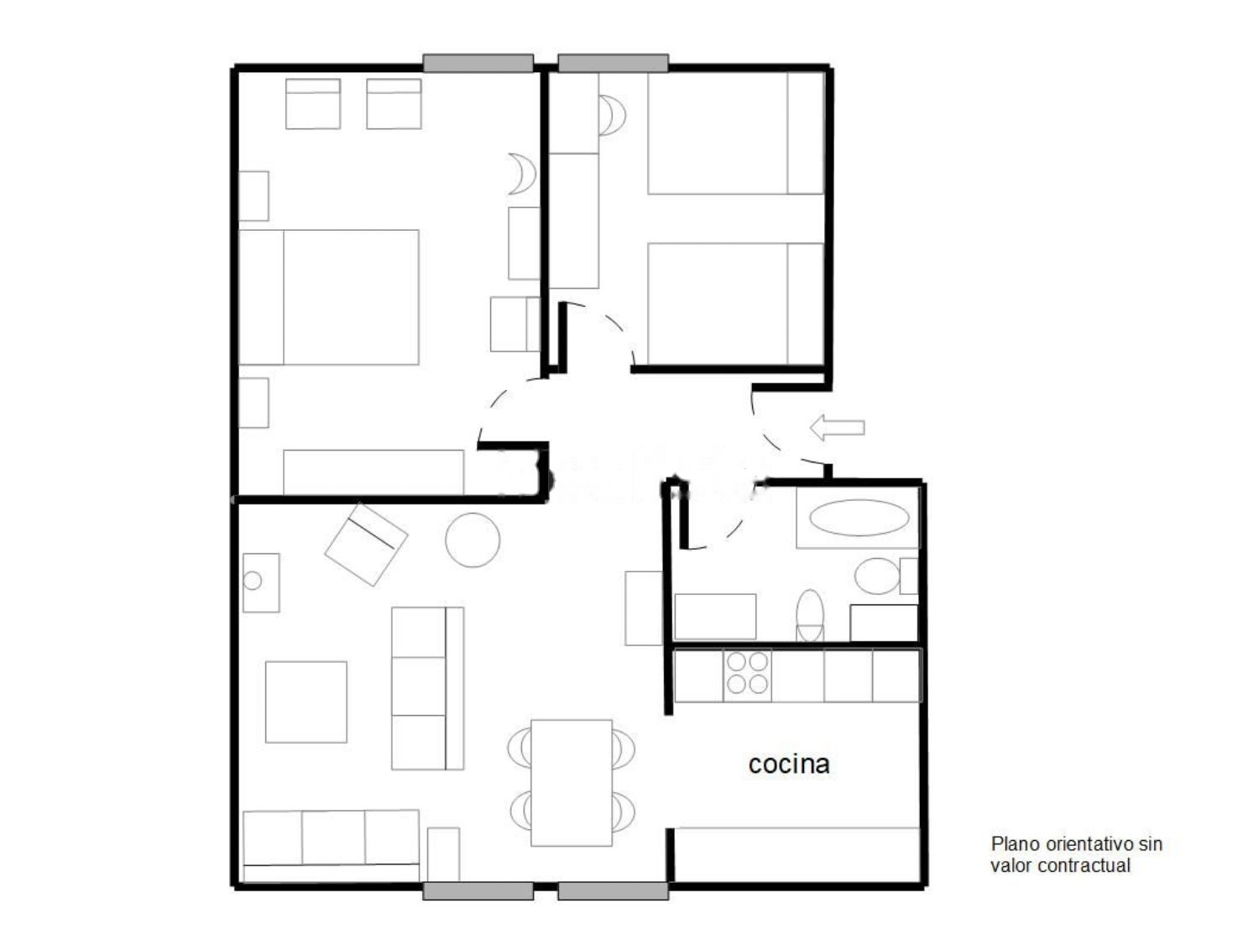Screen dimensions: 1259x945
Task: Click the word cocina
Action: click(x=789, y=765)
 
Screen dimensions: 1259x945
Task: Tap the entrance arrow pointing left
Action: click(x=837, y=428)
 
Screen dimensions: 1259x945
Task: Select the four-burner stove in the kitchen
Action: click(x=747, y=676)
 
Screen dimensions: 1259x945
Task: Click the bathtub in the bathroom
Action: click(x=858, y=518)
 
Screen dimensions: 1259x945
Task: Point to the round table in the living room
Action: click(x=472, y=540)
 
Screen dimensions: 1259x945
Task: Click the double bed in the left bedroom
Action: click(x=329, y=297)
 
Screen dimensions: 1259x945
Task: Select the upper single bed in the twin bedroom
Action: click(x=736, y=133)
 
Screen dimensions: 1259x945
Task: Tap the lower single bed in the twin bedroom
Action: click(x=736, y=304)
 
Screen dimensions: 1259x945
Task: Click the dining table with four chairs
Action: click(x=572, y=783)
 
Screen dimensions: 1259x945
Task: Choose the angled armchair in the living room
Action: click(x=366, y=545)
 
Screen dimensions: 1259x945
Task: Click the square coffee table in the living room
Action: click(x=306, y=702)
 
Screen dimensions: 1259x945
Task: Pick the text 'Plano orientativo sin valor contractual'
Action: click(x=1077, y=854)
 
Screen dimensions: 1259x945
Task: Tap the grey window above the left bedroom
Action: click(x=478, y=63)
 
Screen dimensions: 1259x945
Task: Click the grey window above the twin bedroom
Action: click(x=614, y=63)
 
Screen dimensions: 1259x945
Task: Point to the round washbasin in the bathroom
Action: click(x=876, y=577)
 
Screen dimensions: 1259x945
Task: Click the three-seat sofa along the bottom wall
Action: click(x=331, y=845)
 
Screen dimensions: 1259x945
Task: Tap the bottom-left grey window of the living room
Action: click(x=478, y=891)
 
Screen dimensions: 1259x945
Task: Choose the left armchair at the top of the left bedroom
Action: click(x=312, y=104)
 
